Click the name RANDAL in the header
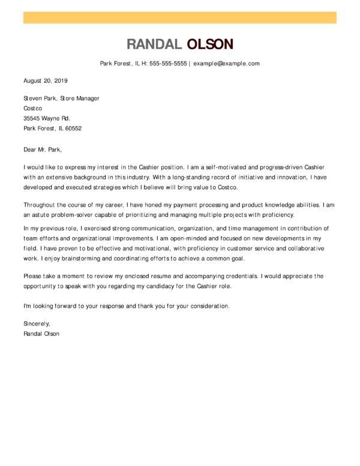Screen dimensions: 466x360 154,44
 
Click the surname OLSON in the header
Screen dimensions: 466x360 210,44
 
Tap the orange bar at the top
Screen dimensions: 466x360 179,17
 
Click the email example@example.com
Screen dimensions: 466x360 226,63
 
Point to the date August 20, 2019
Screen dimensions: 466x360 46,80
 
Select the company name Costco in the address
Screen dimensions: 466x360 34,108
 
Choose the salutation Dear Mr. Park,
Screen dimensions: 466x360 43,149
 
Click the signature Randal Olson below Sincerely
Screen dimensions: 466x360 41,333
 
